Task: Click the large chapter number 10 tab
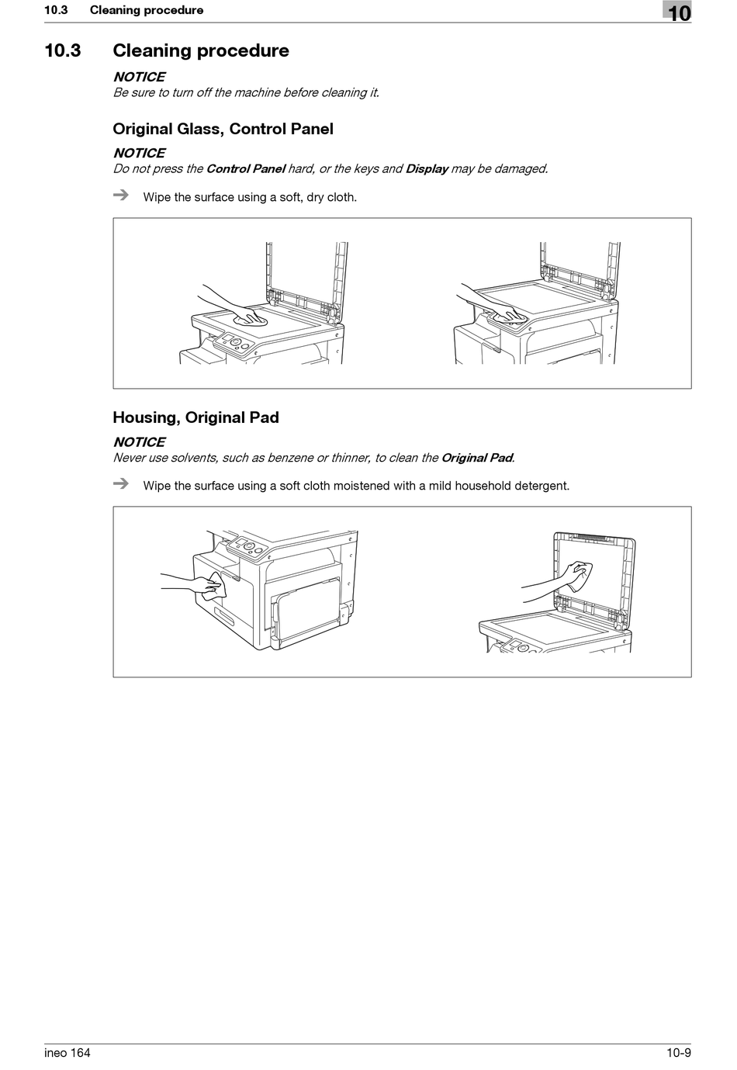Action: [678, 12]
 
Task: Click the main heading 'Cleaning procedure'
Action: [201, 51]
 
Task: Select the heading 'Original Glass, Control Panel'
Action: [223, 130]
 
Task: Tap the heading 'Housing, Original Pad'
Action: [195, 417]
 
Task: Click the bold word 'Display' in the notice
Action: [427, 169]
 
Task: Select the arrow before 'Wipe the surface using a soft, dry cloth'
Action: [120, 196]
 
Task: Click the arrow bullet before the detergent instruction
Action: [120, 484]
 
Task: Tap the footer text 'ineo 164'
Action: [67, 1053]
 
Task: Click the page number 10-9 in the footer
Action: [678, 1053]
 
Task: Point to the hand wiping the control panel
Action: [508, 315]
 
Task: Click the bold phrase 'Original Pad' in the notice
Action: [476, 458]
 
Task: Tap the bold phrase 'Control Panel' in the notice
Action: [245, 169]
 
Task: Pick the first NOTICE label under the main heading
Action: [139, 77]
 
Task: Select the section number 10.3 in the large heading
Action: [63, 51]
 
